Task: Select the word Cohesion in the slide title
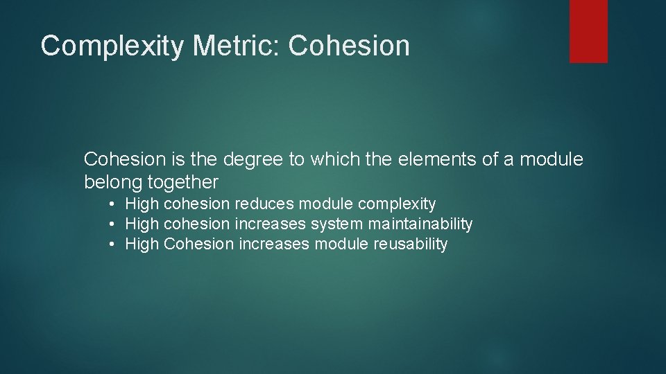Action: coord(349,46)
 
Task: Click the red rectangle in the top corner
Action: coord(588,31)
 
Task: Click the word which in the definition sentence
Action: coord(332,160)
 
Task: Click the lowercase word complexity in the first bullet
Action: coord(397,204)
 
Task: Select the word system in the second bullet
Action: coord(336,224)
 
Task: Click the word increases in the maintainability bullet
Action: coord(270,224)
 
